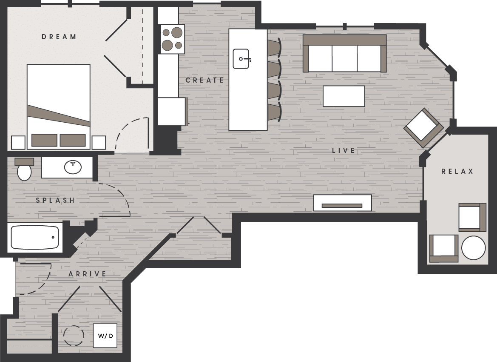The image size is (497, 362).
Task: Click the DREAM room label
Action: [x=59, y=37]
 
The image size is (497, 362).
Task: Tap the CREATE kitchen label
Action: [x=204, y=80]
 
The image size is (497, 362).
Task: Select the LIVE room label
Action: [x=344, y=150]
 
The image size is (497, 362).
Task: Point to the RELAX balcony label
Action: [x=457, y=171]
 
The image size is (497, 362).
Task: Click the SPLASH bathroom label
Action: [x=55, y=200]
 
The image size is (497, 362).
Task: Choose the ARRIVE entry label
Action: [x=87, y=274]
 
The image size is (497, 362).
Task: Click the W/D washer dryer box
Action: [x=105, y=336]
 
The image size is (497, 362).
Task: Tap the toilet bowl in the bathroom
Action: [x=24, y=172]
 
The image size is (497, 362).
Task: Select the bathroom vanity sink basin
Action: [x=73, y=167]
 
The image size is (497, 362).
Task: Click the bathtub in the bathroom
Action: [x=35, y=237]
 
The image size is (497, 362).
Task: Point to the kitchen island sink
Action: [x=241, y=59]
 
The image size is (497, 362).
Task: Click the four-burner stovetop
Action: [x=172, y=39]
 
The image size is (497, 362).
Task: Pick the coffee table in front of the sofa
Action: [x=344, y=96]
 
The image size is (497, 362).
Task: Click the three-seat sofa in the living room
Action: [x=344, y=54]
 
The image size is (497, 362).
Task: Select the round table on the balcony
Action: [x=473, y=247]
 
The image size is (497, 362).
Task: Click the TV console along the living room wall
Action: [x=342, y=203]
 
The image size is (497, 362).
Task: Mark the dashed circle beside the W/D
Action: [x=74, y=336]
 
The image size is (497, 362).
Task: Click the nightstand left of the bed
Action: [x=18, y=142]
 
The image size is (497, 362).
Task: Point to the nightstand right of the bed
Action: [x=99, y=142]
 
